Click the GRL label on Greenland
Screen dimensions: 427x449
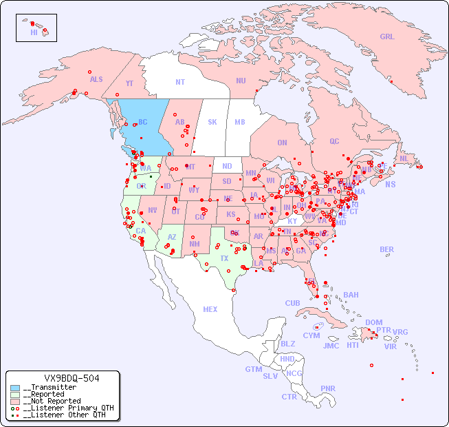point(387,37)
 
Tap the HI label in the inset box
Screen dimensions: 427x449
point(34,32)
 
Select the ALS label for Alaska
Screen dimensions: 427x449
point(96,79)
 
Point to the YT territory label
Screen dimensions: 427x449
point(129,83)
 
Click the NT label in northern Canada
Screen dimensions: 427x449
point(180,81)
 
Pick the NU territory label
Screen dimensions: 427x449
point(241,81)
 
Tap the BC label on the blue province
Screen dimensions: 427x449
point(143,122)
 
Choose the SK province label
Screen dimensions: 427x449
point(212,122)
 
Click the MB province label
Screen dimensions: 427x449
point(240,122)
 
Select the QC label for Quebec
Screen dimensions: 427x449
point(334,141)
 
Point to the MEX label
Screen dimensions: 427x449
point(210,309)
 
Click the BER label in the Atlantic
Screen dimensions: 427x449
point(386,249)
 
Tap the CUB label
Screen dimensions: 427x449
point(292,303)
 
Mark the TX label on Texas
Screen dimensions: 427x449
point(224,258)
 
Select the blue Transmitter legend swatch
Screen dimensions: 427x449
point(15,388)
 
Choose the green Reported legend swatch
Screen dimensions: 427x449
point(15,395)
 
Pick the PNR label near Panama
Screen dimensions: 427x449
point(328,388)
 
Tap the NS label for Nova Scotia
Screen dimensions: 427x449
point(390,184)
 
